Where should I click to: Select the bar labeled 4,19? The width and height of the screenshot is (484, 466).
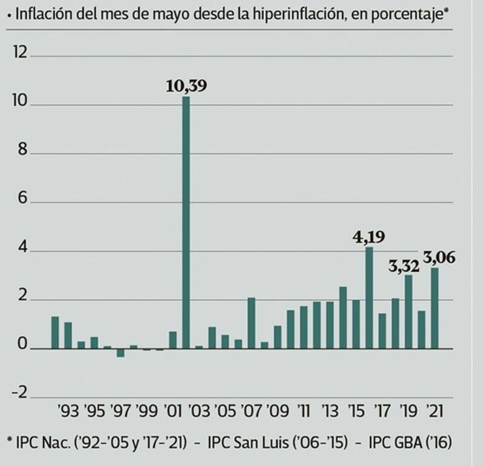(369, 298)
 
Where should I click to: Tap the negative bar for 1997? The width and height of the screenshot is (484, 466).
(120, 353)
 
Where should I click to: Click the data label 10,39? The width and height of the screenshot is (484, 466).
(186, 86)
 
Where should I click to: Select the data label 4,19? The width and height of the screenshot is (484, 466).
(369, 236)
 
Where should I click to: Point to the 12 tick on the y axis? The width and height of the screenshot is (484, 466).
(20, 54)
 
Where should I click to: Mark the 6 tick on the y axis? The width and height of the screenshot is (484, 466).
(23, 200)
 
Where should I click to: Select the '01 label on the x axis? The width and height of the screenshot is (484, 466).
(174, 412)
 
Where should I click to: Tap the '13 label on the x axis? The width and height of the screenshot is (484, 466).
(330, 412)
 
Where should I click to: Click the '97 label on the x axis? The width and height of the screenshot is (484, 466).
(121, 412)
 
